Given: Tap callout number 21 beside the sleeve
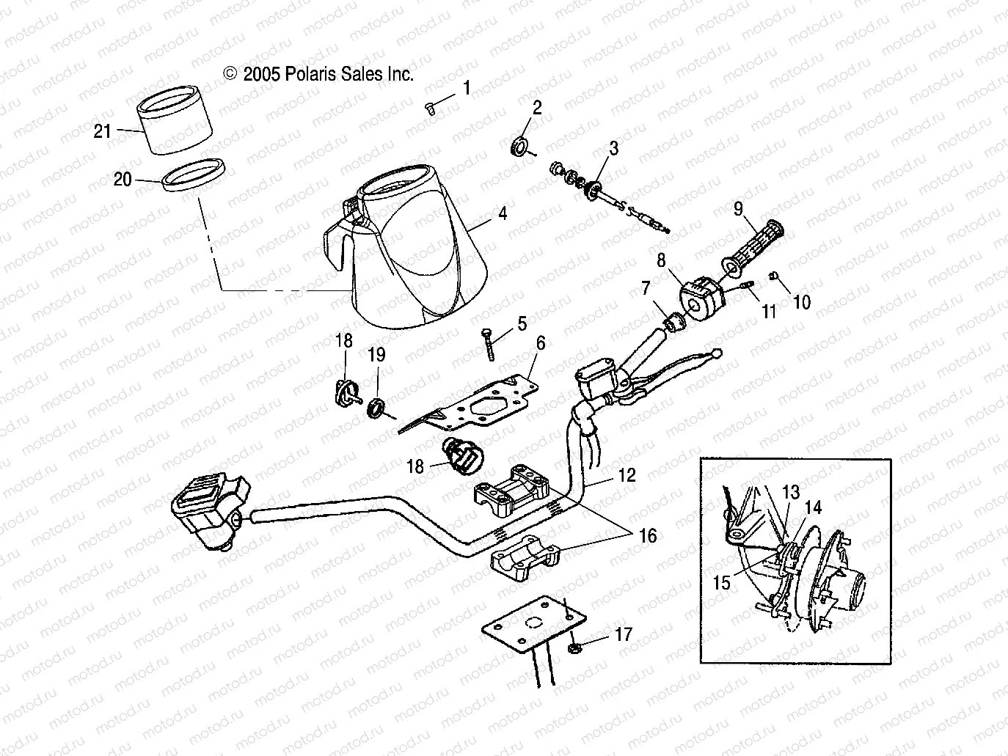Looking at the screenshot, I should pos(103,131).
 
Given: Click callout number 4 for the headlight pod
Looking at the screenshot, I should pos(502,214).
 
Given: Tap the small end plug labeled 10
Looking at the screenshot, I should pos(774,276).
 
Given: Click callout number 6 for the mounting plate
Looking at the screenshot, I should pos(540,342).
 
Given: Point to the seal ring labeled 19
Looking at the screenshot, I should pos(377,407).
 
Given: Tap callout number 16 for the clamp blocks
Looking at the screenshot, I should pos(647,537).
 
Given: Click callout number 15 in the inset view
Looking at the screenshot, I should pos(723,582).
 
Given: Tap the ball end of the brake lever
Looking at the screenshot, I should pos(716,354).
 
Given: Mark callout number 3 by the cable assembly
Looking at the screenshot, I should pos(613,147).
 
